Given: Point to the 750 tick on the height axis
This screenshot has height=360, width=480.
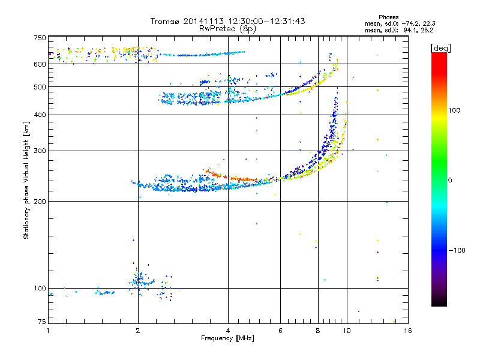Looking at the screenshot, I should click(x=40, y=38).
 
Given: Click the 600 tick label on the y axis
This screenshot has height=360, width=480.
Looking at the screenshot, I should click(x=40, y=64).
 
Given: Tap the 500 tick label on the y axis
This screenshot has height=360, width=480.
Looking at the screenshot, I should click(x=40, y=87).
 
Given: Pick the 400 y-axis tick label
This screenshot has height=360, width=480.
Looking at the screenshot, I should click(x=40, y=115).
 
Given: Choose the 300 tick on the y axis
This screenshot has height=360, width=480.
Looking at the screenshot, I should click(x=40, y=151).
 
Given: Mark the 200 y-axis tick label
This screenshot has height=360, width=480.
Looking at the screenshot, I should click(x=40, y=201).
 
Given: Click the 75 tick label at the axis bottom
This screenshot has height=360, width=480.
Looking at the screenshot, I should click(x=41, y=323).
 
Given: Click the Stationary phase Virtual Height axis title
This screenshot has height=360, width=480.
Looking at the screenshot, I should click(x=26, y=180).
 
